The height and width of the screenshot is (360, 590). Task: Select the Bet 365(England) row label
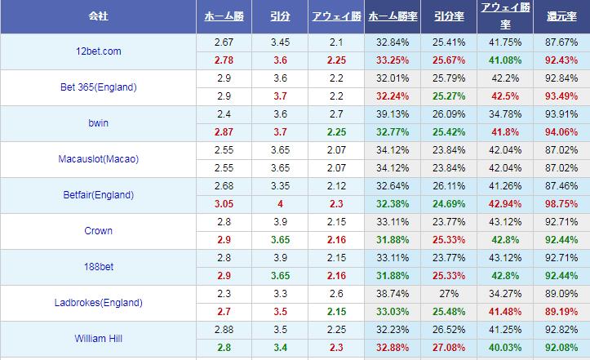(97, 87)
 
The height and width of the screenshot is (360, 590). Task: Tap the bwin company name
(97, 123)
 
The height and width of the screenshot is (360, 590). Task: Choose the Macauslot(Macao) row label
(98, 159)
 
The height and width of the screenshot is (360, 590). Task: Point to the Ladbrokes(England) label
(97, 303)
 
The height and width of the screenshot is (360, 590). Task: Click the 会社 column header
(97, 16)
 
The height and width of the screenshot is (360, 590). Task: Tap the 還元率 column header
(561, 16)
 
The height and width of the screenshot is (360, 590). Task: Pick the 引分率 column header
(449, 16)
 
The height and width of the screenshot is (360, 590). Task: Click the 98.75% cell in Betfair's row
(561, 203)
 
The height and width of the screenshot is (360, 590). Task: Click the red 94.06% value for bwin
(561, 131)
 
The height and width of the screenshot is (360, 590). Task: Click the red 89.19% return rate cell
(561, 311)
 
